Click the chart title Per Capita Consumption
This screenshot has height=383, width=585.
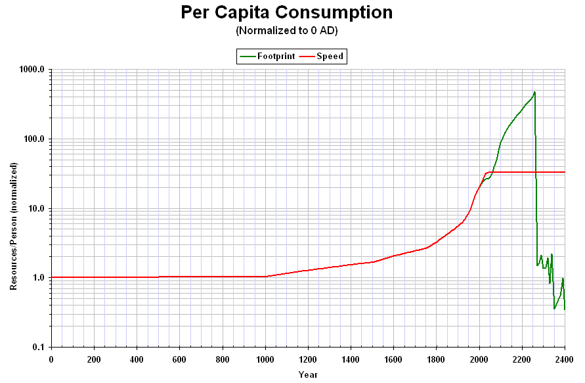click(287, 12)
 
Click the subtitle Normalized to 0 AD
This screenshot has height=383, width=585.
click(287, 31)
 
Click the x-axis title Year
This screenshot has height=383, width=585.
click(307, 374)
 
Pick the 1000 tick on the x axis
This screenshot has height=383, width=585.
click(265, 359)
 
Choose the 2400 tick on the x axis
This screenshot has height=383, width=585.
click(565, 359)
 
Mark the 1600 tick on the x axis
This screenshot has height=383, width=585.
click(393, 359)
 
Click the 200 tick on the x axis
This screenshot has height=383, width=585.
click(94, 359)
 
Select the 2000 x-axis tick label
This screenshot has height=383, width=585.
click(479, 359)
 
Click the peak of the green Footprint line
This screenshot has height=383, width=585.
click(534, 92)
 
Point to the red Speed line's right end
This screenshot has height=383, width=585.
click(565, 172)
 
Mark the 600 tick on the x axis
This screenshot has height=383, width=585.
click(179, 359)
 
